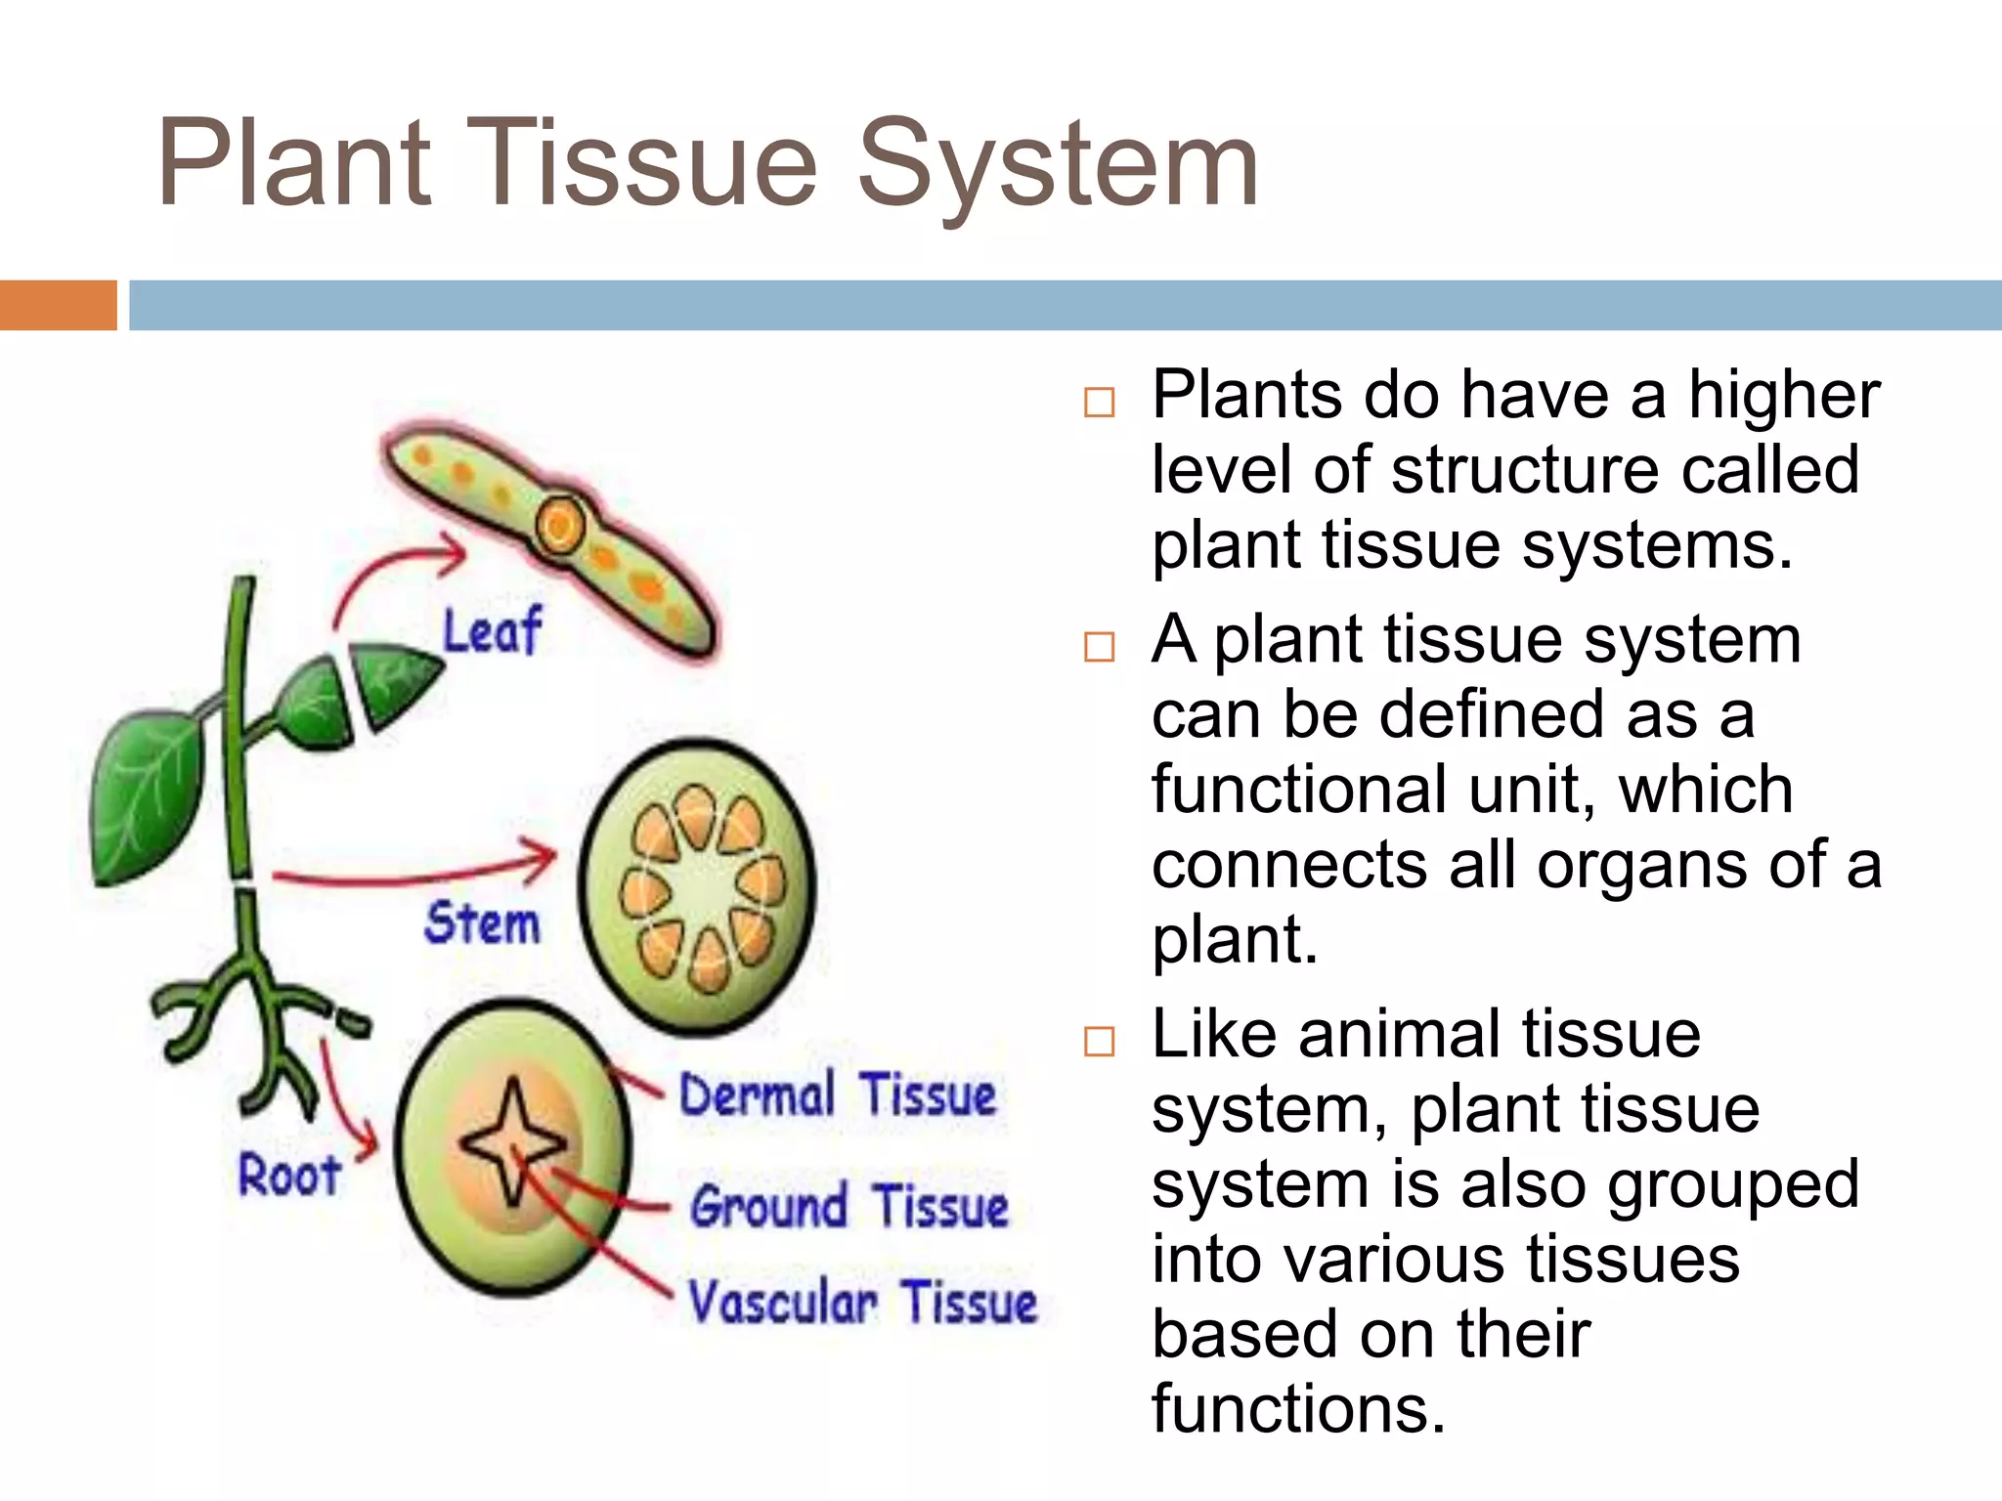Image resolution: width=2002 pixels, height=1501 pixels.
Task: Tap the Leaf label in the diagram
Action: coord(492,631)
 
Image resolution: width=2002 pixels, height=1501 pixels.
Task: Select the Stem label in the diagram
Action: coord(482,923)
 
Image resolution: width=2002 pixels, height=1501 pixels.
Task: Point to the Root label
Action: coord(289,1174)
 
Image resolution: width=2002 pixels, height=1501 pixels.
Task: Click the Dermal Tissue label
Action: coord(838,1095)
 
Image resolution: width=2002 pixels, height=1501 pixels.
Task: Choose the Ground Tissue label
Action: coord(849,1206)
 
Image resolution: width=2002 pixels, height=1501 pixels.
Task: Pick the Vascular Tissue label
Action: coord(862,1303)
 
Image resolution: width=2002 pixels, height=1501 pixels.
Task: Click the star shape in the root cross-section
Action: coord(512,1140)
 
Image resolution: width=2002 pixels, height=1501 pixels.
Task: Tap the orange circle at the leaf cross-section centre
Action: coord(560,526)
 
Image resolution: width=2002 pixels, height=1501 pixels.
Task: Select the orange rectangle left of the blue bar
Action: coord(58,305)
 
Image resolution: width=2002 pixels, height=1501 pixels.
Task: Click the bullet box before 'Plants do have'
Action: coord(1099,403)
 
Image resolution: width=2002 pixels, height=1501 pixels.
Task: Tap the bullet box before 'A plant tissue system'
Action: coord(1099,646)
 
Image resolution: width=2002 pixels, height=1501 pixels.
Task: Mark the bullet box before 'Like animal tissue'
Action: coord(1099,1041)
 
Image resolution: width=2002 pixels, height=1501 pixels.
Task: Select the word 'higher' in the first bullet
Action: coord(1784,396)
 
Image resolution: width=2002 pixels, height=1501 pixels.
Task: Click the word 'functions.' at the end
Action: coord(1297,1408)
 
